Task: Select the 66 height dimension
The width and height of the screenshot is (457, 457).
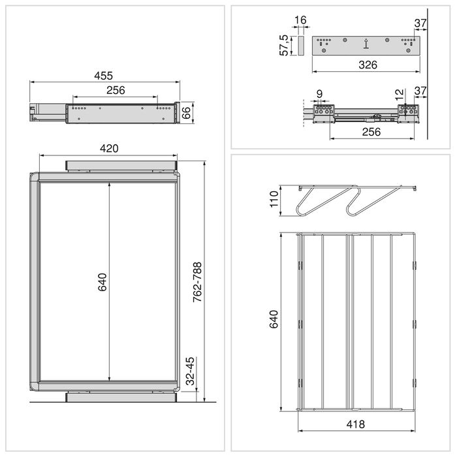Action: [185, 111]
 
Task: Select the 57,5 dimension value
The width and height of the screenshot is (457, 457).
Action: [284, 46]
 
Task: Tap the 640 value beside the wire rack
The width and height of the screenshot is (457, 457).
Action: [274, 319]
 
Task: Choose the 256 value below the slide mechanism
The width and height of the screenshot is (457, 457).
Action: [371, 132]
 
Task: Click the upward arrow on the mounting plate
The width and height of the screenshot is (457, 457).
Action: [366, 44]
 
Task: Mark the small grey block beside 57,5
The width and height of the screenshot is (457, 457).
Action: [300, 46]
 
